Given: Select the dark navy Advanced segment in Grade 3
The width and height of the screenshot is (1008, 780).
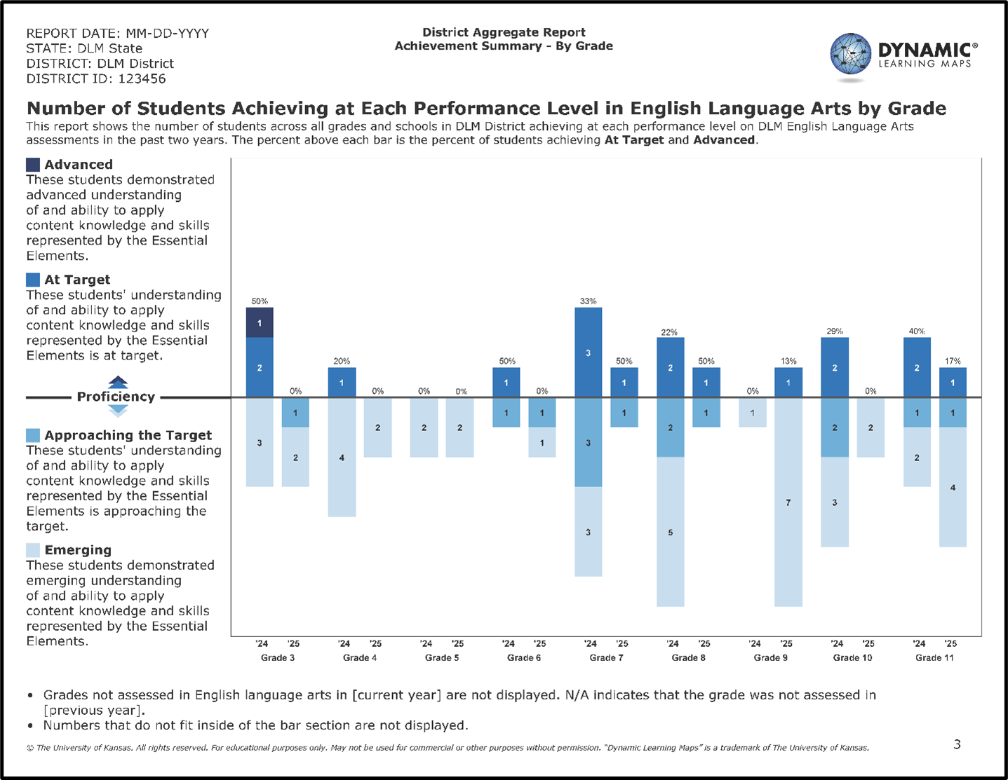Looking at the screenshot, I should pos(260,322).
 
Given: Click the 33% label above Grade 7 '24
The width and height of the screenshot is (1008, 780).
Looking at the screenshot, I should pos(588,301).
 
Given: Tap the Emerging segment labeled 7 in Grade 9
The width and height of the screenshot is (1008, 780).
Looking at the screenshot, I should pos(788,502).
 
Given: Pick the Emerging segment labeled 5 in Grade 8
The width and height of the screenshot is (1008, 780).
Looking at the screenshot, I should pos(670,532).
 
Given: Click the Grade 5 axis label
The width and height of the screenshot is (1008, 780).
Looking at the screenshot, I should pos(442,657).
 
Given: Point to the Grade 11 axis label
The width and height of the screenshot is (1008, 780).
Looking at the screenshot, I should pos(934,657).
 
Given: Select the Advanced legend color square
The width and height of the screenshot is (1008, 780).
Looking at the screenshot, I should pos(33,165).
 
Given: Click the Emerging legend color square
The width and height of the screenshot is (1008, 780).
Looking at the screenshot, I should pos(33,550).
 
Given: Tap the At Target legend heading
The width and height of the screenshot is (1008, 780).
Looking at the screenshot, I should pos(77,280).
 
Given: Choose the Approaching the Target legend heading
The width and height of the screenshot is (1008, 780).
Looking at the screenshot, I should pos(128,435).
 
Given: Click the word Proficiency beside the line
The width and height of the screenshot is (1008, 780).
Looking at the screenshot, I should pos(116,397).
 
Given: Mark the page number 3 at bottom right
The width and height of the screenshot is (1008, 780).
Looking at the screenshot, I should pos(957,744).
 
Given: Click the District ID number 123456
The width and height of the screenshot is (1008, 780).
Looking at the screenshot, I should pos(142,78).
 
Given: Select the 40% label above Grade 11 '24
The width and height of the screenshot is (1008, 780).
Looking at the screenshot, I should pos(917,331).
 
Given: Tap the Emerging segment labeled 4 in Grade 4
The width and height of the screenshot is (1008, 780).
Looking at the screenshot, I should pos(342,458).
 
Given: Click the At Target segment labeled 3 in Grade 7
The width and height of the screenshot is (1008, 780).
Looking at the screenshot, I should pos(588,353).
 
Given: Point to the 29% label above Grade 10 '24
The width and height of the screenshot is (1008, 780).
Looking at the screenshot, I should pos(834,331).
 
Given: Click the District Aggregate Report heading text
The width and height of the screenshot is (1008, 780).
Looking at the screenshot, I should pos(504,32).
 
